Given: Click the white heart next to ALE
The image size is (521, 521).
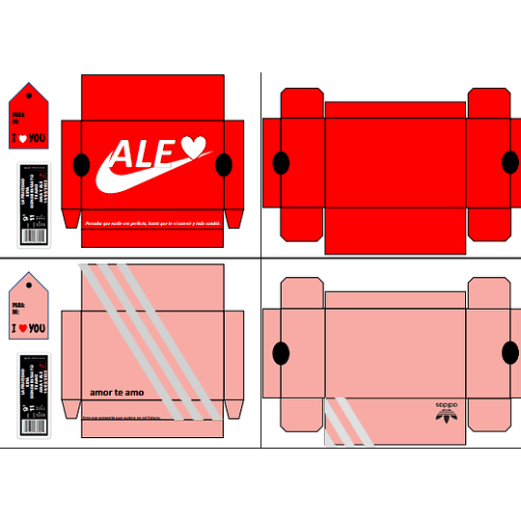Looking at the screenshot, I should tap(194, 147).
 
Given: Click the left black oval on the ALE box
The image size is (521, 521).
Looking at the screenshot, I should tap(82, 163).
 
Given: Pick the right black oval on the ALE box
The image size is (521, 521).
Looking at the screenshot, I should tap(224, 163).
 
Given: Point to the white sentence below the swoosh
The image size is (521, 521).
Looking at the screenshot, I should tap(151, 223).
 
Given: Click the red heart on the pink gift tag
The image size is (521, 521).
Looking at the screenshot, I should tap(21, 329).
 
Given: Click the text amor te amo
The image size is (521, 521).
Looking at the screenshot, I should tap(115, 392).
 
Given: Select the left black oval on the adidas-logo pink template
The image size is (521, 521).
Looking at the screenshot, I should tap(282, 353).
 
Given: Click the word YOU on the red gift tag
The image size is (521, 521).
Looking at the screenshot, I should tap(37, 139).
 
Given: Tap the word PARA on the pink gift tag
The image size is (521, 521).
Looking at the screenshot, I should tap(17, 306).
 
